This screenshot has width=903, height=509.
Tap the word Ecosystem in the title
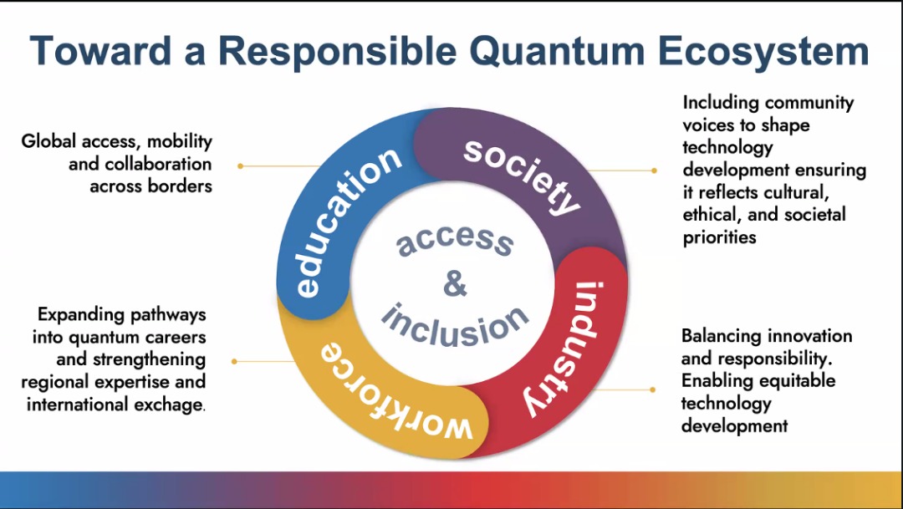pyautogui.click(x=763, y=52)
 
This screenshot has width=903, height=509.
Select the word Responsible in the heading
pyautogui.click(x=338, y=52)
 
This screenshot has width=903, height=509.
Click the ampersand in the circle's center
pyautogui.click(x=455, y=283)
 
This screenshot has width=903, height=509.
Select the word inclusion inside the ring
pyautogui.click(x=455, y=326)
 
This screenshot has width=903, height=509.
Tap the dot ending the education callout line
pyautogui.click(x=240, y=165)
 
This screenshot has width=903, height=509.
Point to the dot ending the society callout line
pyautogui.click(x=654, y=171)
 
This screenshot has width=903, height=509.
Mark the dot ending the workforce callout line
pyautogui.click(x=234, y=362)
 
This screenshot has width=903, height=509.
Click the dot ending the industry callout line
pyautogui.click(x=652, y=389)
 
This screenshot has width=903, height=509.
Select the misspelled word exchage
pyautogui.click(x=168, y=405)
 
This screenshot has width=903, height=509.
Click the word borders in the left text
pyautogui.click(x=180, y=186)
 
